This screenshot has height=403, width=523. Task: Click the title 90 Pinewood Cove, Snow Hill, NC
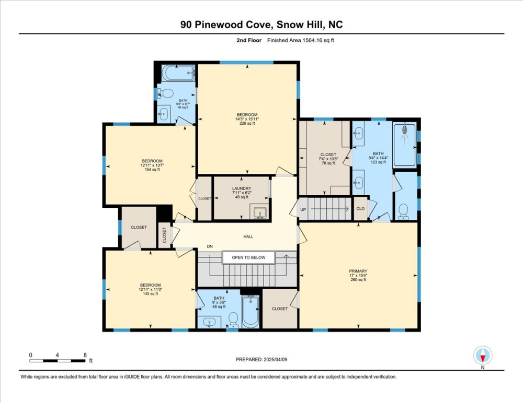coord(261,24)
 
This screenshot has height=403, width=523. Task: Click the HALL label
coord(248,236)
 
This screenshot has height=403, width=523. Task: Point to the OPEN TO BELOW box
coord(248,257)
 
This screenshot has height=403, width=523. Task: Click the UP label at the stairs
coord(303,210)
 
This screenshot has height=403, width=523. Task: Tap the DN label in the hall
coord(210,246)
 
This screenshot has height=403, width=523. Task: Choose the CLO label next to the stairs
coord(360,208)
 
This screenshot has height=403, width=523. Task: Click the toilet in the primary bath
coord(403,211)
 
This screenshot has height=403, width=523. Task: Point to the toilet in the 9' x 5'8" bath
coord(233,318)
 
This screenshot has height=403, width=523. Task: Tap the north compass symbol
coord(482,356)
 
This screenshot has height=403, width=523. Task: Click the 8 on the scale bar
coord(85,354)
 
